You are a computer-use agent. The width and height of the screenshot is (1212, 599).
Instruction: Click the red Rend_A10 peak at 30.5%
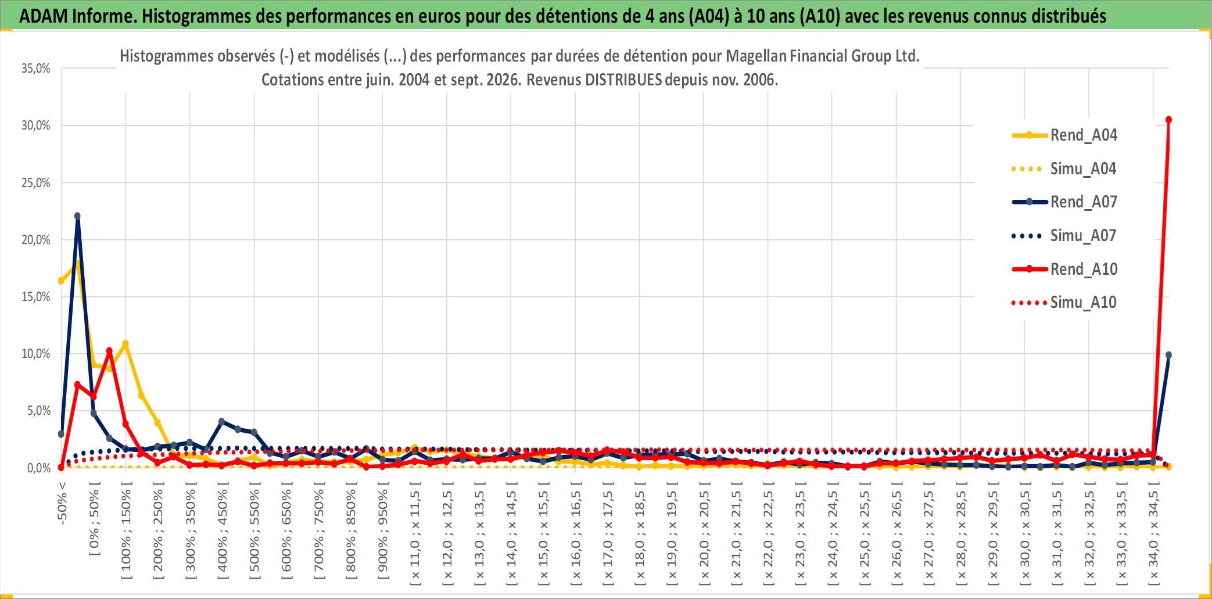[x=1168, y=120]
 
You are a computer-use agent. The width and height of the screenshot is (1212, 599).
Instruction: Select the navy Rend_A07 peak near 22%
[x=77, y=216]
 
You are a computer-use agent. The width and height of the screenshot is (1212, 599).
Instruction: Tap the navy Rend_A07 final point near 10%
[x=1168, y=355]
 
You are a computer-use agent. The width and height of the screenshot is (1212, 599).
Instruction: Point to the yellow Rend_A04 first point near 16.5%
[x=61, y=281]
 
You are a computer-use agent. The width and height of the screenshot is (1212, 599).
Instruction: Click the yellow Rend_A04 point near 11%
[x=125, y=343]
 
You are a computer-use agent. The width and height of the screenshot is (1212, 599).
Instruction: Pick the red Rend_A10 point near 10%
[x=109, y=351]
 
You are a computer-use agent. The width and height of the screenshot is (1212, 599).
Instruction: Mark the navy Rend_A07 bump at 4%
[x=221, y=421]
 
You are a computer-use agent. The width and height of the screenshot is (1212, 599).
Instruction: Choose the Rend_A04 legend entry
[x=1064, y=135]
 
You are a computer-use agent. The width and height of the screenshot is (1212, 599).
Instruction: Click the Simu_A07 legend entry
[x=1064, y=236]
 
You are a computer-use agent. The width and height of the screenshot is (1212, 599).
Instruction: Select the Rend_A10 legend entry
[x=1064, y=270]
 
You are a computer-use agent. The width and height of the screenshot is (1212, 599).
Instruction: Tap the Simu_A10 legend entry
[x=1064, y=303]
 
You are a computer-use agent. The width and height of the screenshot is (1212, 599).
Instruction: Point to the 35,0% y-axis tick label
[x=36, y=69]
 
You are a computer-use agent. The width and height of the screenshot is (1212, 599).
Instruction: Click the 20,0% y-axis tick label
[x=36, y=239]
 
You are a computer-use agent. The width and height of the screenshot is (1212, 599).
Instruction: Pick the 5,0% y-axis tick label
[x=39, y=411]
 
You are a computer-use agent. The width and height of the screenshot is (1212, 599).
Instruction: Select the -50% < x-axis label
[x=62, y=503]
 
